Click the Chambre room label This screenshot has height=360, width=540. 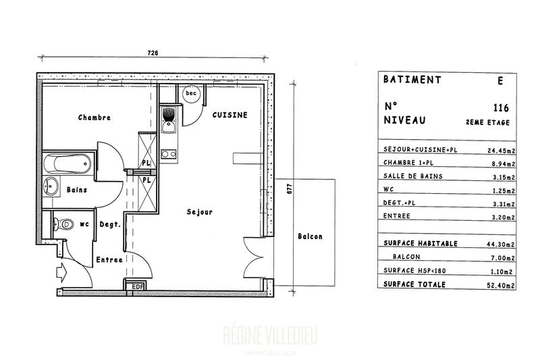(x=94, y=118)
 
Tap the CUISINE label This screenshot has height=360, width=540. (x=230, y=115)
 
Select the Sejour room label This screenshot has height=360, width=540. (x=200, y=211)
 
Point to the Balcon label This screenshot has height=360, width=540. (x=310, y=236)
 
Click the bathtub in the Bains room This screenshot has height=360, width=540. (x=65, y=163)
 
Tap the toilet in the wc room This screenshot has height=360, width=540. (x=63, y=224)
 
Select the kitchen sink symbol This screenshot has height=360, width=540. (x=169, y=119)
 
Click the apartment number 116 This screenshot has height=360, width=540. (x=501, y=107)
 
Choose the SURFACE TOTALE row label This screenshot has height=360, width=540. (x=414, y=284)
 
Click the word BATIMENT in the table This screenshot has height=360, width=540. (x=412, y=79)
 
